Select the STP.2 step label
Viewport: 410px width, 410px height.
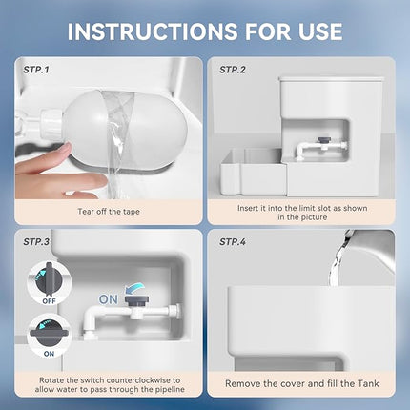pos(235,70)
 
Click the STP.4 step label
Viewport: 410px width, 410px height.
pos(235,242)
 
